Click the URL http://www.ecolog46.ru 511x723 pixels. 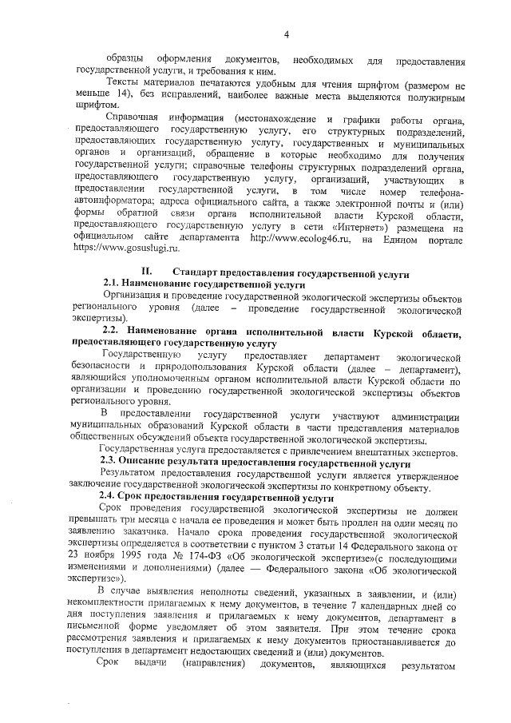[x=293, y=238]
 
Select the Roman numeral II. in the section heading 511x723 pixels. [x=147, y=272]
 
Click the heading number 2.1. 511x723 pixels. [x=113, y=284]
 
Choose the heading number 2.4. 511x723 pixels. [x=110, y=496]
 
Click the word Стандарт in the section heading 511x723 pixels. [x=196, y=272]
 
